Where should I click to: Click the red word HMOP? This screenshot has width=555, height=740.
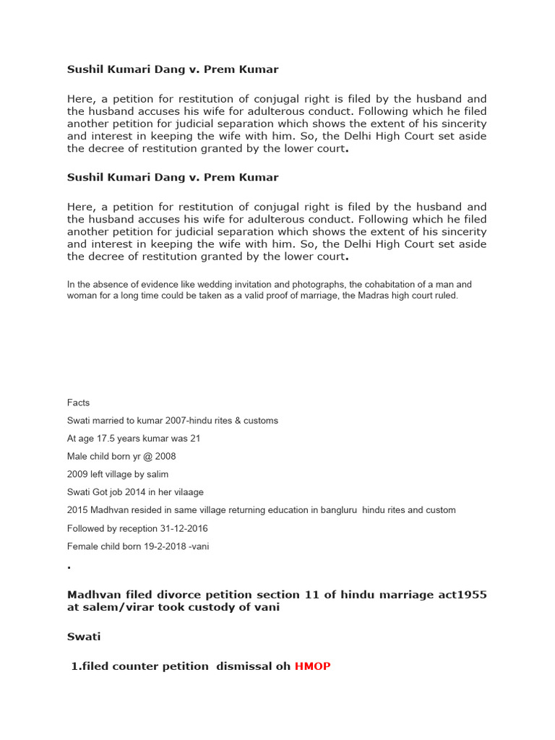312,666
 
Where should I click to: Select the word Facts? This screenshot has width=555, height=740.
78,403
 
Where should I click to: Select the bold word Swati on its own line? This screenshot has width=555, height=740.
84,637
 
